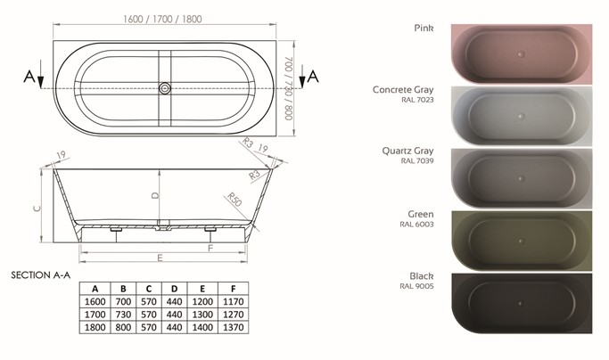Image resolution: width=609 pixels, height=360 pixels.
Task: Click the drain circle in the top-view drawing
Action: click(165, 88)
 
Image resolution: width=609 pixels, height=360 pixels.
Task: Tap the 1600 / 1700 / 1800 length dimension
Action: click(162, 19)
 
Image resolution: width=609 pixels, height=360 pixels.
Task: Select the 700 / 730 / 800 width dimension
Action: click(289, 88)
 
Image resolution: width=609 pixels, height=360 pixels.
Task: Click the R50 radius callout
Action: click(235, 200)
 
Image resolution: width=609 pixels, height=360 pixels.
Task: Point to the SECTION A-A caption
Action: click(41, 275)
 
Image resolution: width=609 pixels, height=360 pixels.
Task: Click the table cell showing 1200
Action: click(202, 301)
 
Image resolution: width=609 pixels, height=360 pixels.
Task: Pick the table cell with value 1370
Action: click(233, 327)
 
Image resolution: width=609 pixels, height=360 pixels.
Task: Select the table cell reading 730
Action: click(123, 315)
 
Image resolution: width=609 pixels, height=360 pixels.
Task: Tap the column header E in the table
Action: click(202, 289)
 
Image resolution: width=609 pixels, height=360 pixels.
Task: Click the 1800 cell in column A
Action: click(95, 327)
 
